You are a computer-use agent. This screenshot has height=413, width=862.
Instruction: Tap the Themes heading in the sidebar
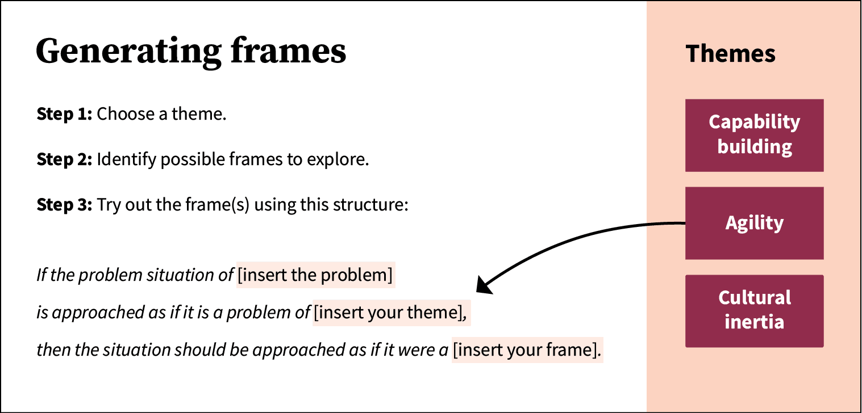[x=730, y=54]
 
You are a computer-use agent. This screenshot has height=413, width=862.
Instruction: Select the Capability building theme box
[x=754, y=135]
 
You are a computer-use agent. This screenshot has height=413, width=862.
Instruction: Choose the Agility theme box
[x=754, y=223]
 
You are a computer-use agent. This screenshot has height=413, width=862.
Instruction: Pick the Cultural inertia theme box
[x=754, y=310]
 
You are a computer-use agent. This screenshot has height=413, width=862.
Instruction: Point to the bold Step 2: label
[x=64, y=159]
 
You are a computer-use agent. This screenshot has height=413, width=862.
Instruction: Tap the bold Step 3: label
[x=64, y=204]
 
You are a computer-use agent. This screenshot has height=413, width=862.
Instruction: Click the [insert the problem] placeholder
[x=315, y=276]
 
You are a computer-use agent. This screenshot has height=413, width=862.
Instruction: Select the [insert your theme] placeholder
[x=391, y=313]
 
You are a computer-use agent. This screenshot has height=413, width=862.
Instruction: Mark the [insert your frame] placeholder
[x=526, y=350]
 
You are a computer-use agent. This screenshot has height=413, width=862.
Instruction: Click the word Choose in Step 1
[x=120, y=114]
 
